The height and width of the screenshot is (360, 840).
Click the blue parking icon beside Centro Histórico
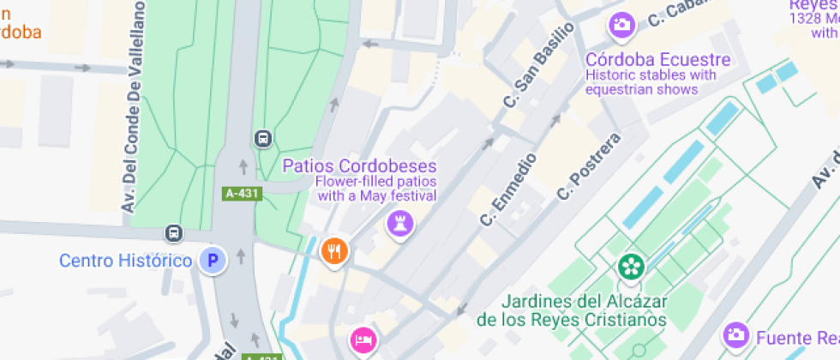213,260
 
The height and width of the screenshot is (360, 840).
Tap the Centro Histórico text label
125,260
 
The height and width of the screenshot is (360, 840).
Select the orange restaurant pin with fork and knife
333,250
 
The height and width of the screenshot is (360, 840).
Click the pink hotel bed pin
363,339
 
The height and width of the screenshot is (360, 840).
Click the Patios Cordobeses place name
360,165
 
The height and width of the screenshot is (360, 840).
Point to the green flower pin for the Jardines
632,266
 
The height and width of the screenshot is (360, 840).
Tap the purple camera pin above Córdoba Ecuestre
621,24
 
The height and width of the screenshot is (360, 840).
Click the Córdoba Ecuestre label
658,59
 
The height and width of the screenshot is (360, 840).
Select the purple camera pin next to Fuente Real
735,334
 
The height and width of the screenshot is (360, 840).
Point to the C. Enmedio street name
508,189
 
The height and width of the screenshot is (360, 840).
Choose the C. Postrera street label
588,166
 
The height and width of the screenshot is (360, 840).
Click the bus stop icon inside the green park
263,138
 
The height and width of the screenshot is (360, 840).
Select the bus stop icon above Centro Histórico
174,232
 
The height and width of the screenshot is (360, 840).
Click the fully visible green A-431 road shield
241,194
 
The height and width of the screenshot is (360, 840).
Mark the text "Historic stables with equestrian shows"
651,81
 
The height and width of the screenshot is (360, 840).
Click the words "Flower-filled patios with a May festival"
376,189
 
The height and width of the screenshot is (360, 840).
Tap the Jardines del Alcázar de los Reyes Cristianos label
573,310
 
